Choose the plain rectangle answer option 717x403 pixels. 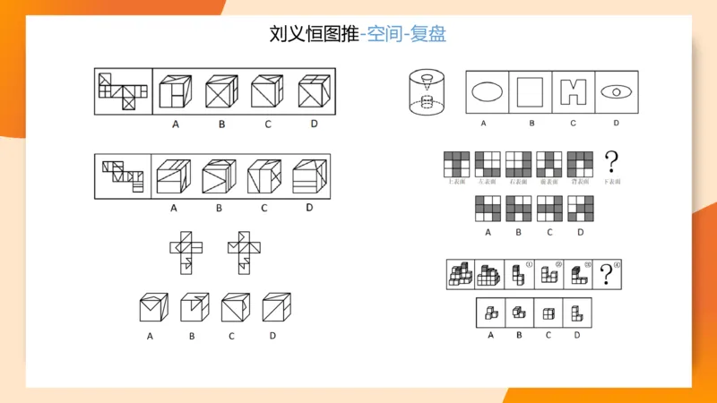coord(531,91)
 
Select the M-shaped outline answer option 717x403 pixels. coord(574,91)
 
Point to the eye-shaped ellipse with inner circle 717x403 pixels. coord(617,91)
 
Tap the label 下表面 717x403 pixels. coord(612,182)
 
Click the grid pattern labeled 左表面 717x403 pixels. coord(488,164)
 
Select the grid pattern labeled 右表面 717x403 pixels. coord(518,164)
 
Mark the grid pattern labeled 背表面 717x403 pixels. coord(580,164)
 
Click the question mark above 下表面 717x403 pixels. coord(613,162)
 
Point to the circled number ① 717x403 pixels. coord(529,265)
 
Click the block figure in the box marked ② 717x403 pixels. coord(549,276)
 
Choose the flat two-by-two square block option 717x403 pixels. coord(549,313)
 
